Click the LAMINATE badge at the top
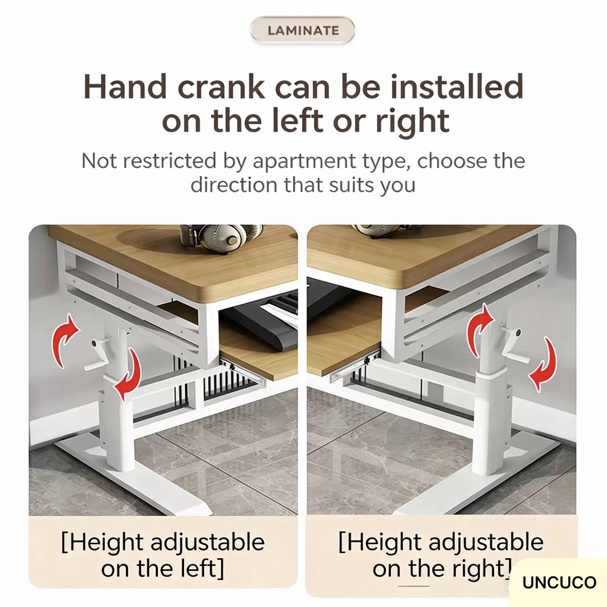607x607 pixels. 302,30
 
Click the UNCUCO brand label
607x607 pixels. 559,583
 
